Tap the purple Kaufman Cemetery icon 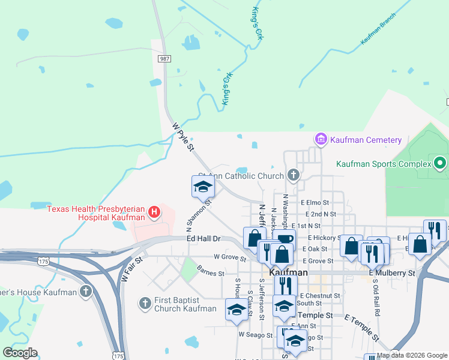tap(321, 140)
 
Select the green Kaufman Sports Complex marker tap(440, 163)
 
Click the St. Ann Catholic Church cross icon tap(293, 176)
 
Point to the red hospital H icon tap(154, 211)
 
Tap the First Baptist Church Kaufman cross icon tap(145, 304)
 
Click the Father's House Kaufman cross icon tap(86, 292)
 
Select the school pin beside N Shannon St tap(203, 187)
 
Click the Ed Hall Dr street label tap(204, 239)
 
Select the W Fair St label tap(133, 269)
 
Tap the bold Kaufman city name tap(289, 272)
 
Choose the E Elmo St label tap(315, 203)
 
